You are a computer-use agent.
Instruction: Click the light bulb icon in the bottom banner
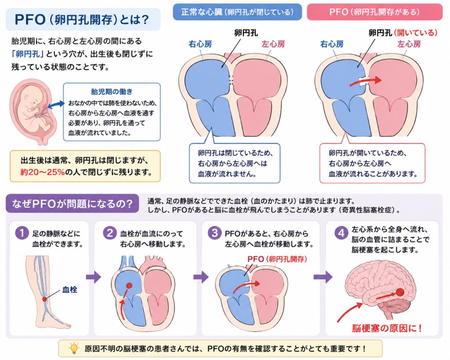(74, 348)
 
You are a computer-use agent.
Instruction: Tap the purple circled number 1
(22, 233)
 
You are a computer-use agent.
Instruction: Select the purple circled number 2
(110, 233)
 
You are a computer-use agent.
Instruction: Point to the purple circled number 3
(214, 233)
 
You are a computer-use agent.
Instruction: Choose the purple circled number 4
(341, 233)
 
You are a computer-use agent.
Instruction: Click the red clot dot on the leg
(44, 299)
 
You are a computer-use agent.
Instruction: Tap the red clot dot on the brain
(400, 292)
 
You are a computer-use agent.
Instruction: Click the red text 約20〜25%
(43, 172)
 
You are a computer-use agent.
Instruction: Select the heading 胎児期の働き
(112, 91)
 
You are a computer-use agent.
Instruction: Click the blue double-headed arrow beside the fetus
(56, 105)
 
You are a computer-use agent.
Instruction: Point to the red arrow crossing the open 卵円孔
(366, 81)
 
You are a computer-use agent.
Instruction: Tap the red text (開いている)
(416, 33)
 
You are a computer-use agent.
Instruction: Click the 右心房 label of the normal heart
(200, 44)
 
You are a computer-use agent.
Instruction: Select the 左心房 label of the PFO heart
(409, 44)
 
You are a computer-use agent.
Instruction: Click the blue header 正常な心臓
(237, 12)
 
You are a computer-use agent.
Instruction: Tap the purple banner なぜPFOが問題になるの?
(73, 204)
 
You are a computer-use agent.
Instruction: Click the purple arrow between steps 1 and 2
(94, 277)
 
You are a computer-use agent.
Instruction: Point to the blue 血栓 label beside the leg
(70, 289)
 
